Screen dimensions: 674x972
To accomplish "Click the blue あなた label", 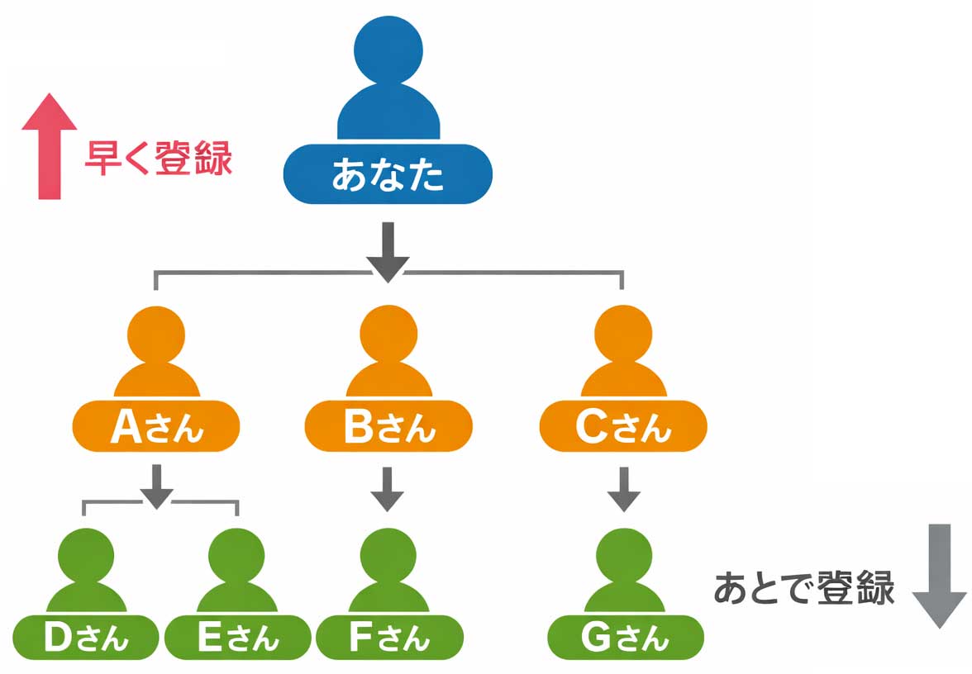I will (388, 174).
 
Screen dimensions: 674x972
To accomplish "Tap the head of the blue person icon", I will (388, 50).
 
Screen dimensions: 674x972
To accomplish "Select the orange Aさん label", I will (156, 427).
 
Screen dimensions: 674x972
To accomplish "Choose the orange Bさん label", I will (388, 427).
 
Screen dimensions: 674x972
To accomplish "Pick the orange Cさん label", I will (623, 427).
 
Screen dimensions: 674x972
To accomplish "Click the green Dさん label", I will (85, 637).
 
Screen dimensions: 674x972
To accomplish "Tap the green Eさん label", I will (238, 637).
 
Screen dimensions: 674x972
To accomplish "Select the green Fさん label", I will (389, 637).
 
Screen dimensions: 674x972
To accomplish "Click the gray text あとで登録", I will (804, 588).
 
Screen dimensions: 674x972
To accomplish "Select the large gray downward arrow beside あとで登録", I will (939, 575).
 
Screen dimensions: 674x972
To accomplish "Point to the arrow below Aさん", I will (156, 486).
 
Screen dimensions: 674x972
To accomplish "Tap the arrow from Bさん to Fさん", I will (387, 489).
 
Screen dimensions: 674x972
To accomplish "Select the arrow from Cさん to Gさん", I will (624, 489).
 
